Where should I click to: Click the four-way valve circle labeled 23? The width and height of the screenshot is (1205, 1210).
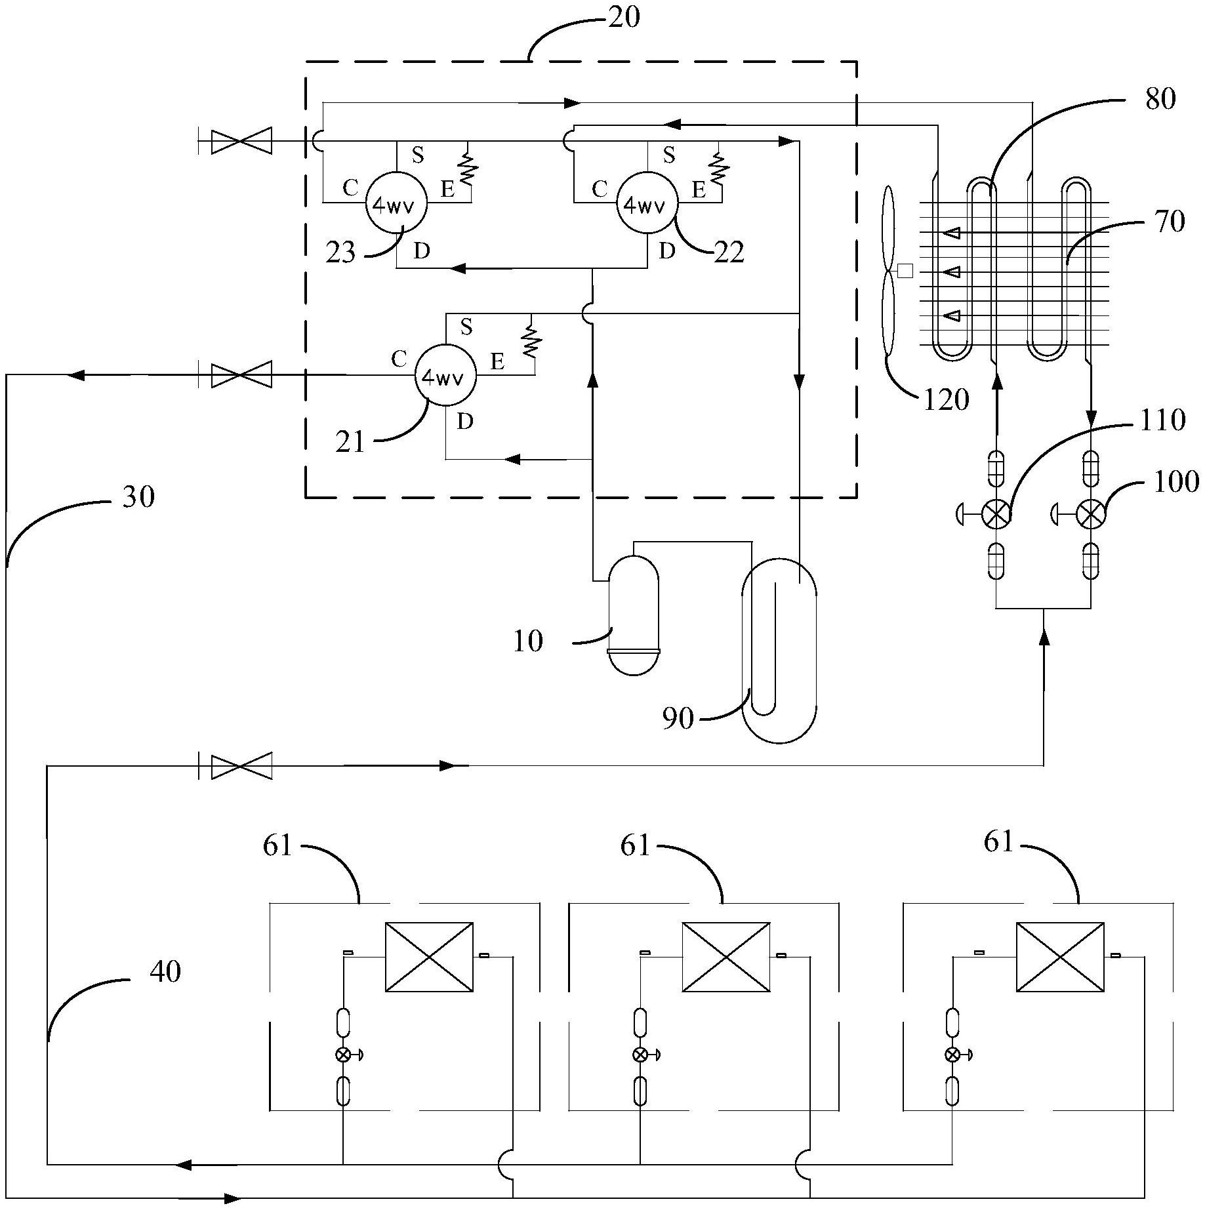(x=396, y=204)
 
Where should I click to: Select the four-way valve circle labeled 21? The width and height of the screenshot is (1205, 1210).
(x=445, y=376)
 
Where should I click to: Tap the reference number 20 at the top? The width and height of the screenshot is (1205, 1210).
(x=623, y=18)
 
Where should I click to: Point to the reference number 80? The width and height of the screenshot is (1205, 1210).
(x=1160, y=100)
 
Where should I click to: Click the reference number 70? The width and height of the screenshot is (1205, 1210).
(x=1170, y=222)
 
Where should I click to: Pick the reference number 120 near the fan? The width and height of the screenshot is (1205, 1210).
(x=946, y=399)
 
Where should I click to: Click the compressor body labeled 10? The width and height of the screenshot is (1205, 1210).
(x=634, y=613)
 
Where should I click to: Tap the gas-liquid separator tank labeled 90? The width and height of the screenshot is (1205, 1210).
(x=779, y=649)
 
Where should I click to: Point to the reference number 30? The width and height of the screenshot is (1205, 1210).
(x=138, y=496)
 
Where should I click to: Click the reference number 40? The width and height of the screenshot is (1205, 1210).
(x=165, y=971)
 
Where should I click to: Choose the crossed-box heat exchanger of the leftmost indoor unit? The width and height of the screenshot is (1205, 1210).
(x=429, y=957)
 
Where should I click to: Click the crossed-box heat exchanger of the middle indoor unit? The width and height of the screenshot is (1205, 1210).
(x=725, y=957)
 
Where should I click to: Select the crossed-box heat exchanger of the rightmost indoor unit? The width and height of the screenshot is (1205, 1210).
(x=1060, y=957)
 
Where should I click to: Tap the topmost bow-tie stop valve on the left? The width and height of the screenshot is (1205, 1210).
(x=241, y=142)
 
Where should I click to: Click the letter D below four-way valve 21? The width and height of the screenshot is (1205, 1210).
(x=464, y=422)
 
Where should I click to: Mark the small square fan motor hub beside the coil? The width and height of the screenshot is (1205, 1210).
(x=905, y=270)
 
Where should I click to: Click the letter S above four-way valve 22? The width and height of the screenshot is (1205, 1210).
(x=668, y=155)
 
